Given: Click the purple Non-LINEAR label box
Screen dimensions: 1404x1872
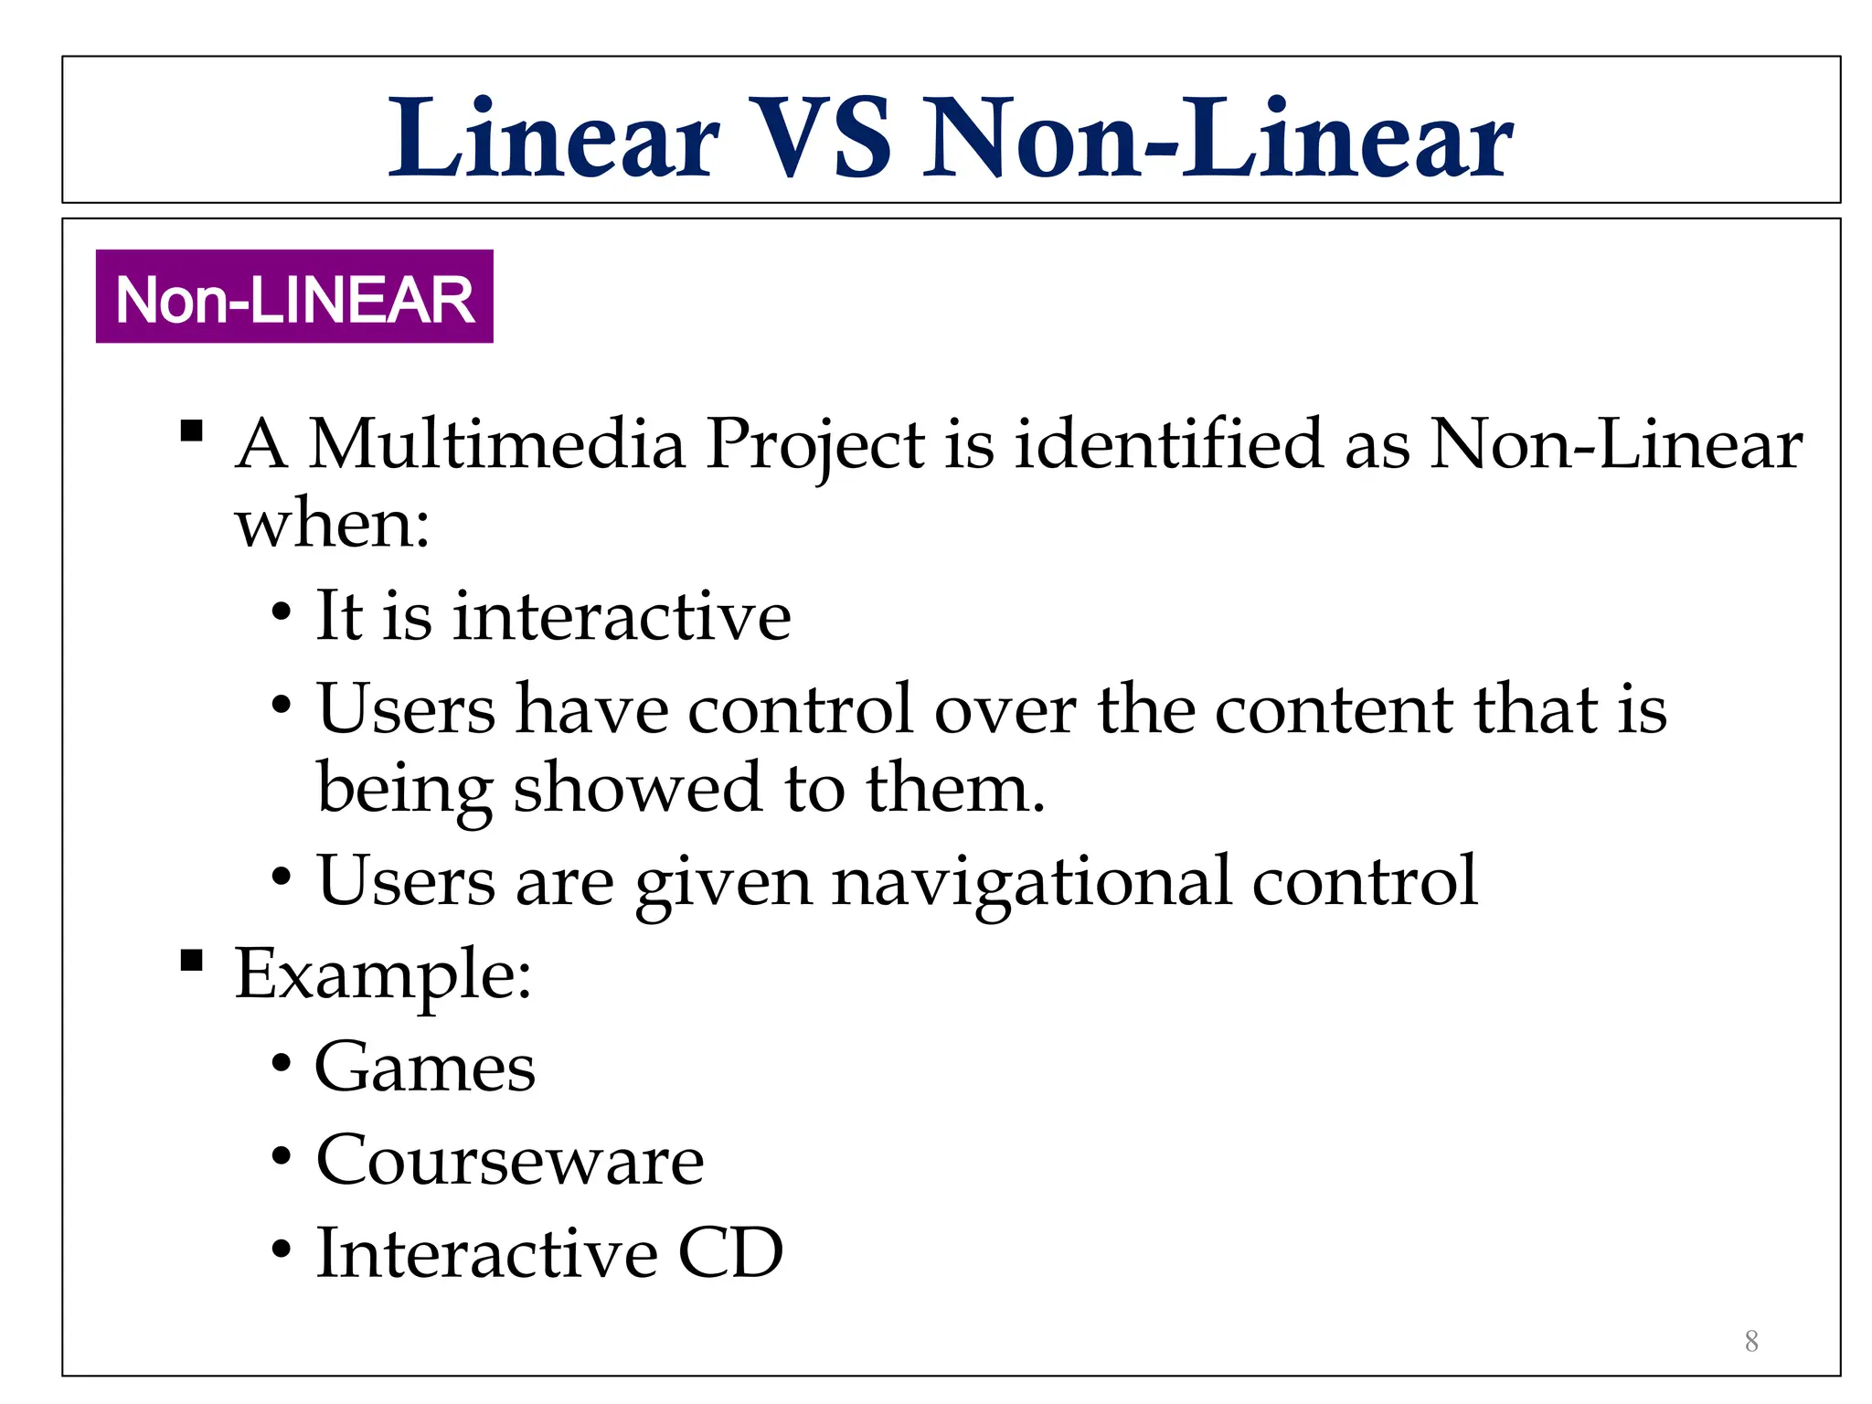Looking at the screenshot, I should pos(294,297).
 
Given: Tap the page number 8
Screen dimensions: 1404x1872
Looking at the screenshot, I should pos(1750,1341).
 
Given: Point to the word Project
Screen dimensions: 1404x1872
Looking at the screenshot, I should pos(814,446).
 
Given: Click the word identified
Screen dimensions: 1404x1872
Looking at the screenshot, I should pos(1169,444).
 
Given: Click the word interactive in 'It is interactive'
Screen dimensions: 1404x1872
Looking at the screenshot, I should pos(622,616).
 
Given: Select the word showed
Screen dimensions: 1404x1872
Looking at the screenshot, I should pos(636,788).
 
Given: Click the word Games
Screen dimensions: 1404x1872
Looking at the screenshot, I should pos(425,1067).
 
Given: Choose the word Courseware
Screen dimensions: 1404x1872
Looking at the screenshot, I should pos(510,1160).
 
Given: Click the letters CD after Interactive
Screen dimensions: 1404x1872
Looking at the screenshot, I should pos(730,1252).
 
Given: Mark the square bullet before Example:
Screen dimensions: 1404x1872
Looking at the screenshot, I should pos(192,960).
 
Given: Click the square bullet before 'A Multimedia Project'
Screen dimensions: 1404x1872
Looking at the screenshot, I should pos(192,431).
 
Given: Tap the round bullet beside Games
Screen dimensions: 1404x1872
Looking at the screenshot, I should pos(282,1064).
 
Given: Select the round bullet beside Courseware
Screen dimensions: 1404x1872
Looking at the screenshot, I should pos(282,1157).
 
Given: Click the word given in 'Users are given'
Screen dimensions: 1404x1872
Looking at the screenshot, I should pos(723,883).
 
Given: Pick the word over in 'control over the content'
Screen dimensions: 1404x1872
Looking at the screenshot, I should pos(1005,709).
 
